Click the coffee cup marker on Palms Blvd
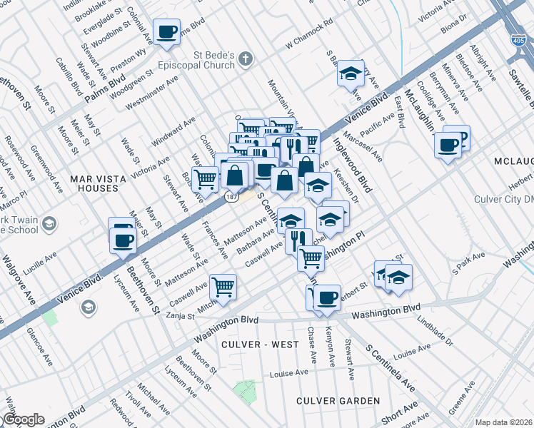tap(167, 32)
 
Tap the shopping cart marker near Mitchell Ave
tap(223, 287)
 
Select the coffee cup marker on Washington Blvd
tap(327, 297)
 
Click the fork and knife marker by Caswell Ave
tap(298, 240)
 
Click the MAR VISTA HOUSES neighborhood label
tap(94, 183)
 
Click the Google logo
tap(23, 419)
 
